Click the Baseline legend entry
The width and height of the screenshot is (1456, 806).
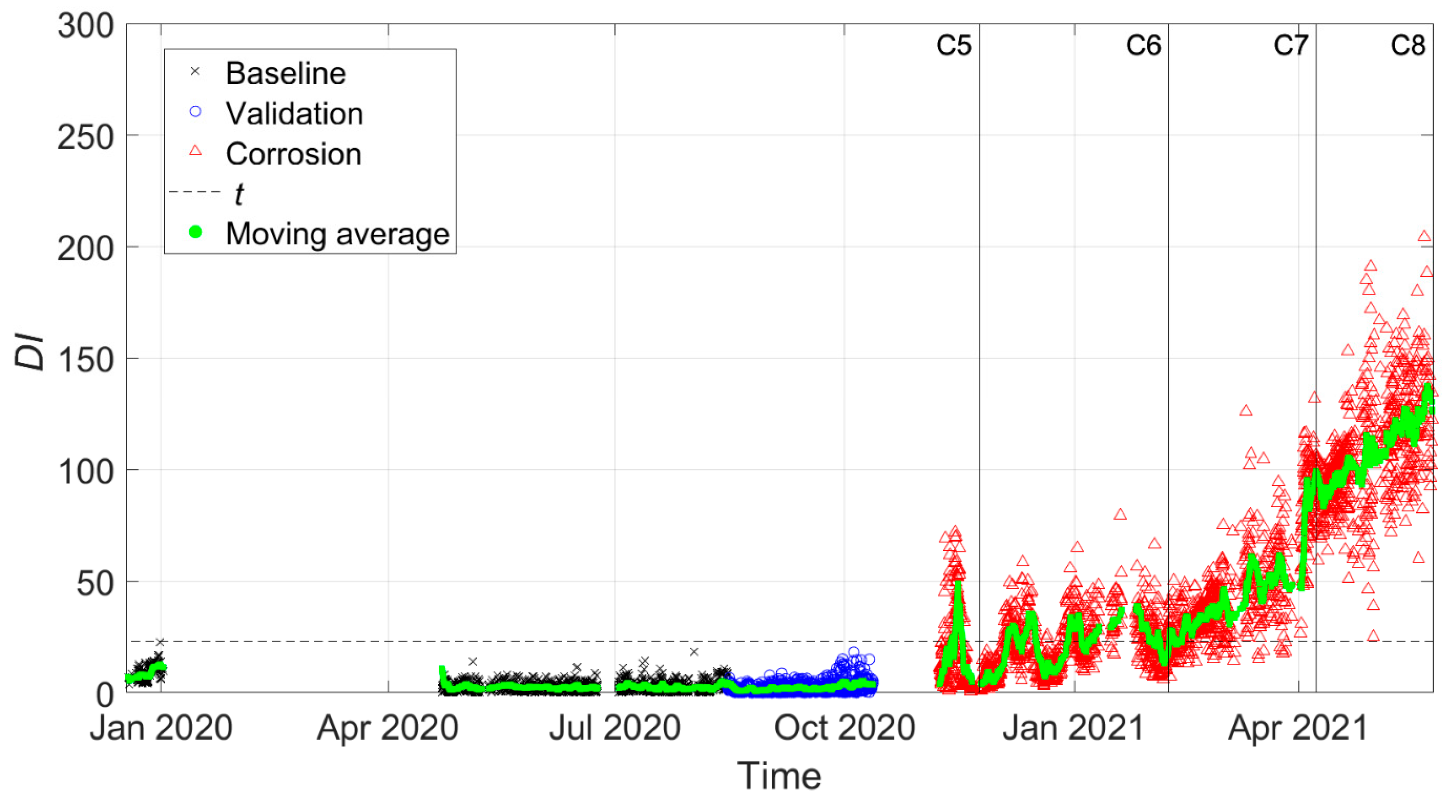tap(286, 74)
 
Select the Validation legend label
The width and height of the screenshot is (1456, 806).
tap(294, 114)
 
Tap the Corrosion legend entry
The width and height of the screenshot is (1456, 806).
tap(294, 154)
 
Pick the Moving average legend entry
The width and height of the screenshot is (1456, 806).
tap(337, 233)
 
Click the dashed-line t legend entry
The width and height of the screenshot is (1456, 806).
tap(239, 194)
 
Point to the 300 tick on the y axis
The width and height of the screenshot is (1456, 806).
tap(85, 26)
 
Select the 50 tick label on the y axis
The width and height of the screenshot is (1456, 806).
tap(95, 583)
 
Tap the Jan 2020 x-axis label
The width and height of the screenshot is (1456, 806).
tap(161, 728)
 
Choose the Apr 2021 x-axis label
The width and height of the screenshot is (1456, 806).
tap(1298, 728)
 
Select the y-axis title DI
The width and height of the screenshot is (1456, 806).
tap(30, 352)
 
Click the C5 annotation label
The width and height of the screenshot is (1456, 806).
tap(953, 45)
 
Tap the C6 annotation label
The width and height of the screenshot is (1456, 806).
tap(1143, 45)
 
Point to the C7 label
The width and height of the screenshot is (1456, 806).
tap(1290, 45)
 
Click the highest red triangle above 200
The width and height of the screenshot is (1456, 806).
tap(1424, 236)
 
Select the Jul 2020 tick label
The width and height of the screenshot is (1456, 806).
tap(614, 728)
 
